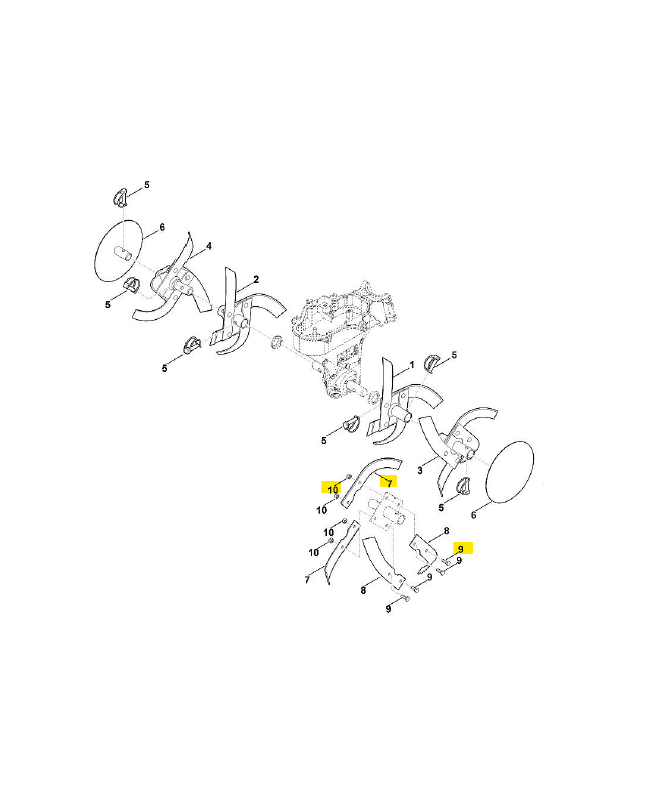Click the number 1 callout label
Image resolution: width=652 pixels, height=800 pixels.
(412, 366)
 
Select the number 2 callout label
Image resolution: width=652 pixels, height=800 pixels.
(256, 279)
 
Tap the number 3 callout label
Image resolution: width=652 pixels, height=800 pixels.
(420, 470)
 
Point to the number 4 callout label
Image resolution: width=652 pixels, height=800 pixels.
(209, 246)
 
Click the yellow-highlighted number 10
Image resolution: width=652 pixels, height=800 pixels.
(333, 490)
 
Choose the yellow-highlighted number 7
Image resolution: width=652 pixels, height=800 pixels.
(389, 483)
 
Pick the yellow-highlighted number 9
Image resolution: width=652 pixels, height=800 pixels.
(461, 549)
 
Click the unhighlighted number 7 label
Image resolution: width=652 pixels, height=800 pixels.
(307, 580)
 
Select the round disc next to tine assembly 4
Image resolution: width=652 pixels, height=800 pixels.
(119, 251)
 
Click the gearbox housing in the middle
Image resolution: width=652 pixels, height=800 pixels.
(339, 340)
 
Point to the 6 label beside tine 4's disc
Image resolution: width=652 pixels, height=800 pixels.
(162, 227)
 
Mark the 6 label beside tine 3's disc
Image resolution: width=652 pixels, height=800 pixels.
(473, 515)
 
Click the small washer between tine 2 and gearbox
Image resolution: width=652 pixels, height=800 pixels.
(277, 343)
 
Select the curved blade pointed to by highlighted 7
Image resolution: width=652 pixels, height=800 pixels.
(371, 480)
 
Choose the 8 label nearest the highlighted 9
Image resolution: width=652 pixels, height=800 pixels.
(446, 531)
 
